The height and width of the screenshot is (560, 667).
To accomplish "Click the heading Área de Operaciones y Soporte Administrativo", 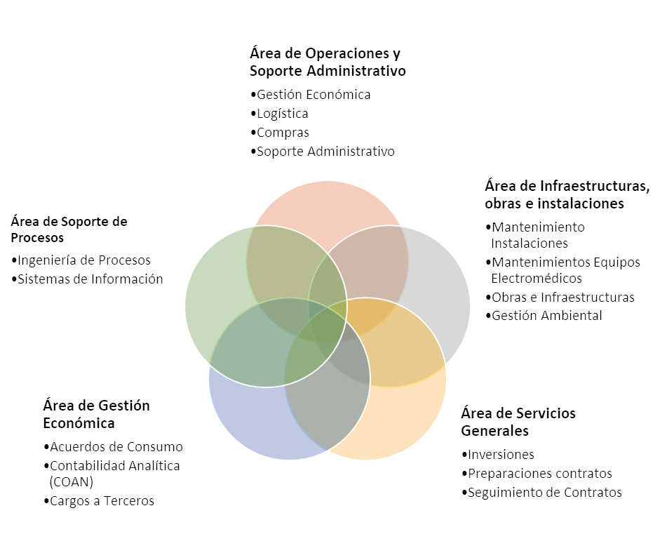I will click(x=328, y=62).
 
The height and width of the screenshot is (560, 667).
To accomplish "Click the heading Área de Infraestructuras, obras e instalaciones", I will click(x=567, y=195).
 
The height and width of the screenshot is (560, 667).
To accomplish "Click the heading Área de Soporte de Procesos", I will click(x=69, y=229).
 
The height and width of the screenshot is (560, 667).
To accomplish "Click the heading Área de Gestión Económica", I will click(x=96, y=415).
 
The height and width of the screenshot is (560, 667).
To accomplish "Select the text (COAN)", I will click(x=72, y=483).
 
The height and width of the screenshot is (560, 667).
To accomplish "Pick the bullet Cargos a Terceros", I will click(x=102, y=501).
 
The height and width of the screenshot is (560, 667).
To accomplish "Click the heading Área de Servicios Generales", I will click(x=518, y=422).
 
